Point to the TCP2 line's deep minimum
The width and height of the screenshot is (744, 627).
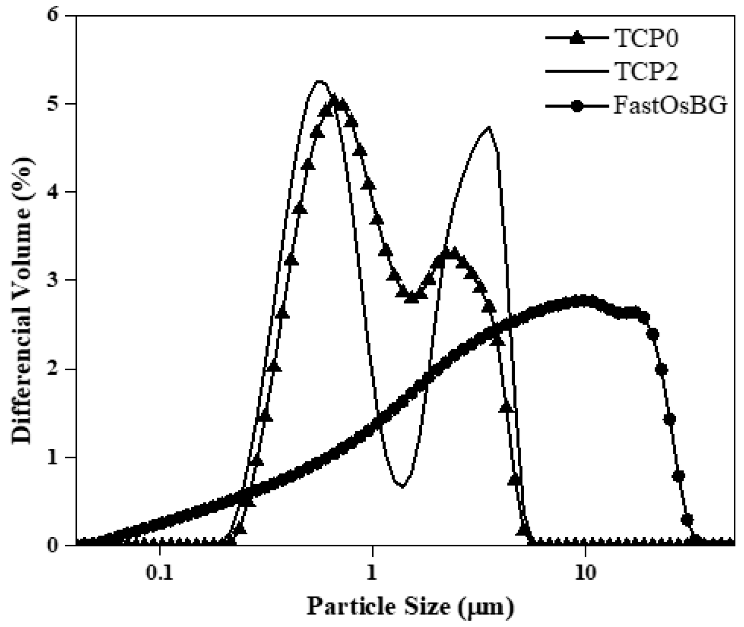point(402,486)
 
